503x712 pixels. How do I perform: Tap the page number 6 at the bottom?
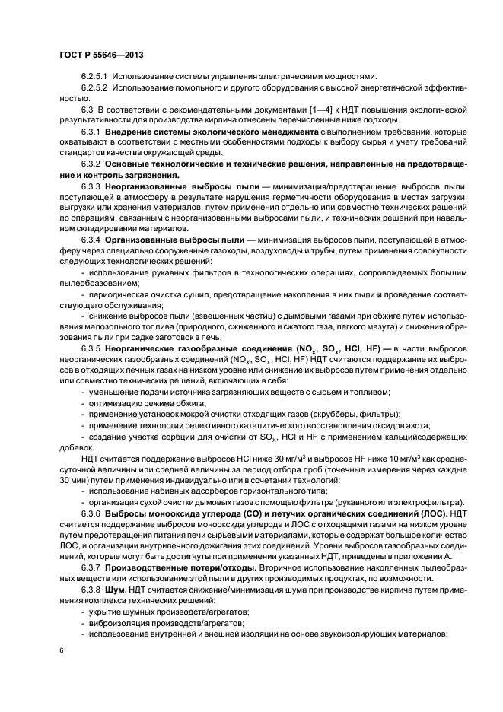coord(61,651)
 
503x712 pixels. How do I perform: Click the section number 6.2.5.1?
coord(94,77)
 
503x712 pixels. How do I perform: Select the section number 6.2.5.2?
coord(94,88)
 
